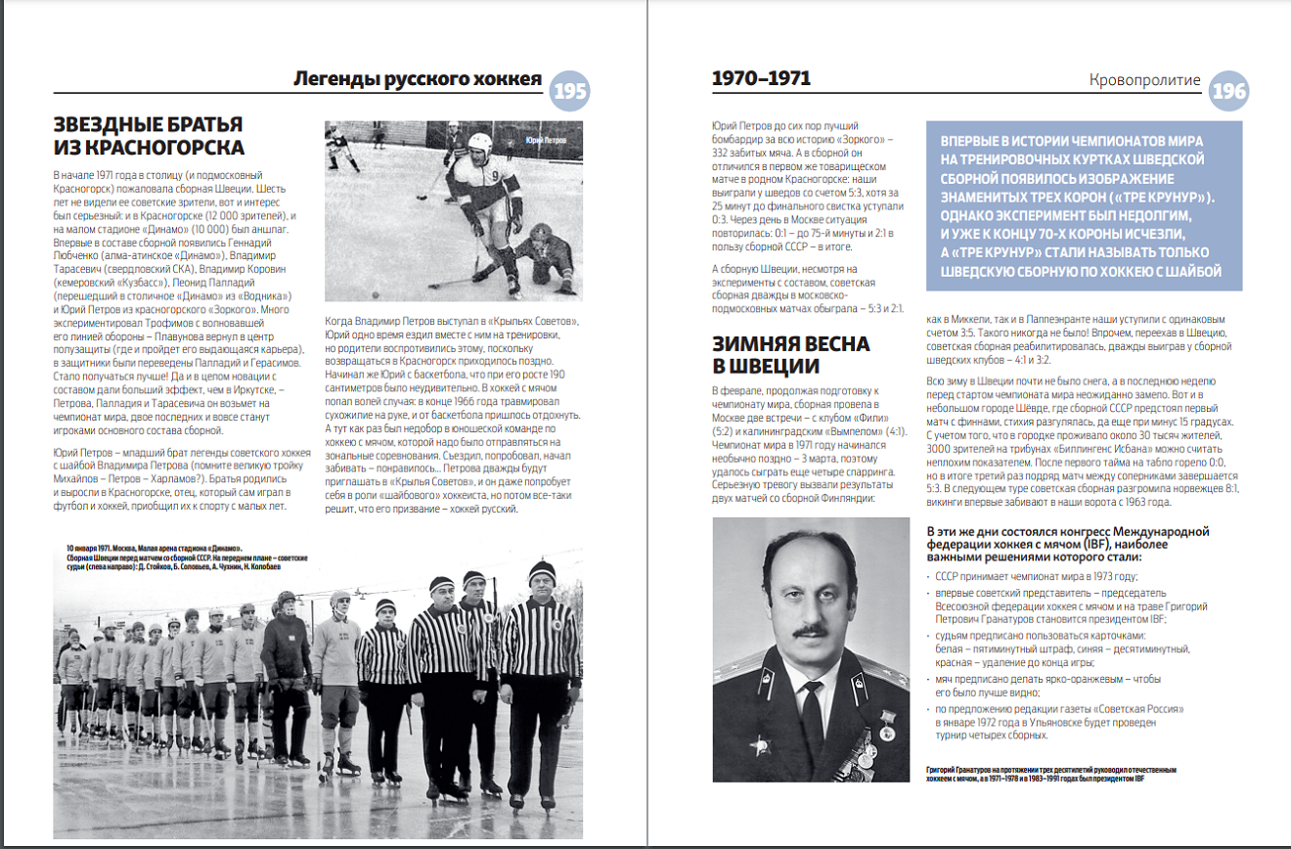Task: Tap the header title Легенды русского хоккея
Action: [x=418, y=79]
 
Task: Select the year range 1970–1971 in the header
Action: [x=761, y=79]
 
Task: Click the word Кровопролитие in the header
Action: [x=1145, y=80]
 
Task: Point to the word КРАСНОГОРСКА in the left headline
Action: [x=162, y=148]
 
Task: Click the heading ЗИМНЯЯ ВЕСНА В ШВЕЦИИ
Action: [x=790, y=355]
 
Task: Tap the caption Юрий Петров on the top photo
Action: [x=547, y=141]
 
